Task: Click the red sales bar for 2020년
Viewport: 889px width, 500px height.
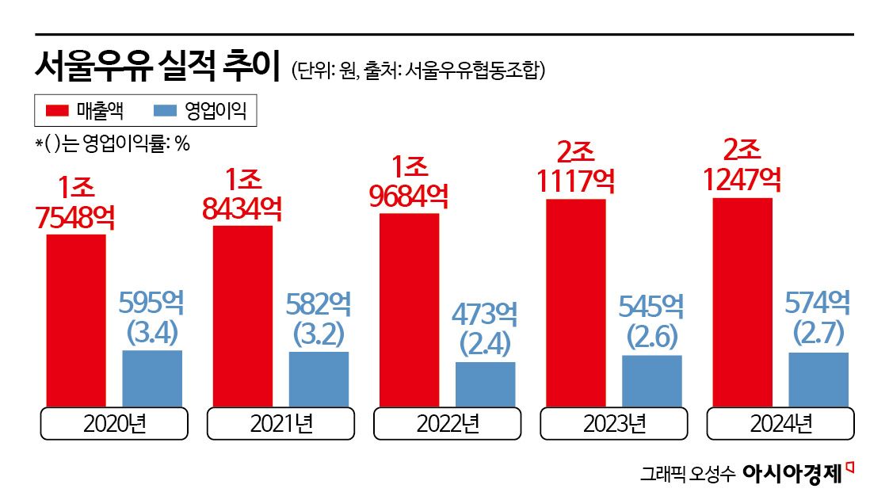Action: pyautogui.click(x=76, y=320)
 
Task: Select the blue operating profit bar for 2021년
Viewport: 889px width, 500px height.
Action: pyautogui.click(x=319, y=379)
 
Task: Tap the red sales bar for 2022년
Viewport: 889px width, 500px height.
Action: pyautogui.click(x=409, y=310)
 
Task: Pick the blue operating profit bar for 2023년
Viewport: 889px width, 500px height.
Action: pyautogui.click(x=651, y=380)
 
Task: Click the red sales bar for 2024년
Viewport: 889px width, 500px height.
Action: pyautogui.click(x=742, y=302)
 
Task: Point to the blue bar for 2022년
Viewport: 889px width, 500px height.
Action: pyautogui.click(x=485, y=384)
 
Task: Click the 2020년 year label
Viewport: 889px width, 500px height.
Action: pyautogui.click(x=114, y=424)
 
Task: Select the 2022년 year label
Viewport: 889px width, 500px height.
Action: pyautogui.click(x=448, y=424)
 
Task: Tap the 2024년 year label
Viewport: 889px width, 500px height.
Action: pyautogui.click(x=780, y=424)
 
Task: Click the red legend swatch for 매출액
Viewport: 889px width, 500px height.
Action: pyautogui.click(x=58, y=111)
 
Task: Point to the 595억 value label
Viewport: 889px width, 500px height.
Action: pyautogui.click(x=151, y=303)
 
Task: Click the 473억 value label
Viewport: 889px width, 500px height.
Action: pyautogui.click(x=485, y=315)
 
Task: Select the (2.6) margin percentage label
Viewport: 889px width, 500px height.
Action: pyautogui.click(x=651, y=338)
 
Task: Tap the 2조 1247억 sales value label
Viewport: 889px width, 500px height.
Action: pyautogui.click(x=742, y=166)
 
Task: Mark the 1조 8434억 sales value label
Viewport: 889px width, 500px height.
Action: pyautogui.click(x=242, y=194)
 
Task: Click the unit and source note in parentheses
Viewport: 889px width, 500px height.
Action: pyautogui.click(x=418, y=71)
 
